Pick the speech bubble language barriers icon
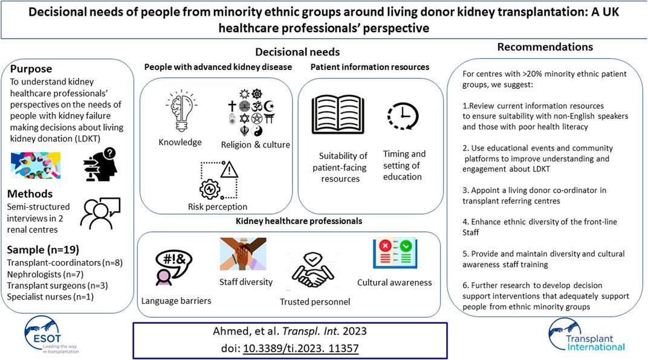(x=171, y=266)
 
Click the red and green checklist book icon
(x=395, y=257)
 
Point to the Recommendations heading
(x=545, y=47)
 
